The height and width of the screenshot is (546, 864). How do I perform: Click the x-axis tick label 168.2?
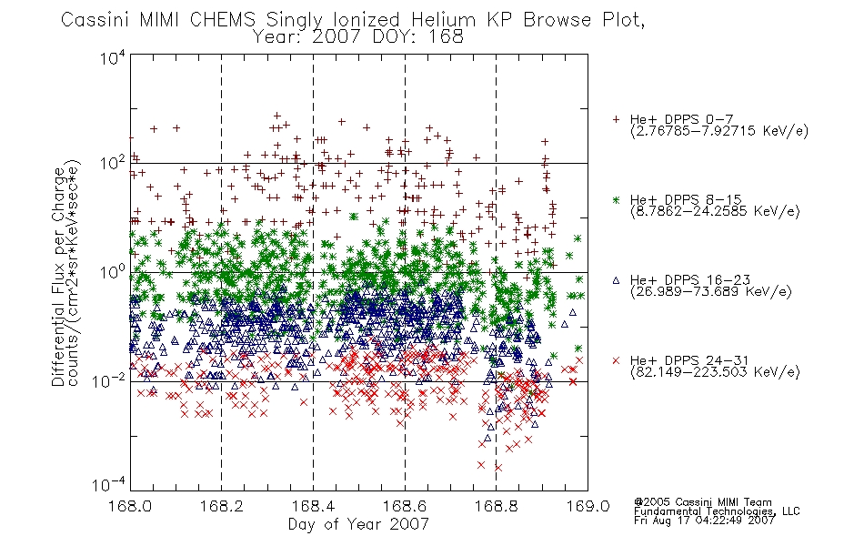pyautogui.click(x=222, y=506)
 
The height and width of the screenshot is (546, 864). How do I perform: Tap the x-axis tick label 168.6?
pyautogui.click(x=405, y=506)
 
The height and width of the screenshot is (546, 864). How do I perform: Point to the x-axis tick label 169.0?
pyautogui.click(x=588, y=506)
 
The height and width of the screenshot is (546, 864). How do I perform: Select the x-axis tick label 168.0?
pyautogui.click(x=130, y=506)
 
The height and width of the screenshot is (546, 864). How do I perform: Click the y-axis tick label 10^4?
pyautogui.click(x=113, y=57)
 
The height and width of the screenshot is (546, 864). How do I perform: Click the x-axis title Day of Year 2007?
pyautogui.click(x=358, y=524)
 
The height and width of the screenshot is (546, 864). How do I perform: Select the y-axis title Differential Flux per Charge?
pyautogui.click(x=58, y=277)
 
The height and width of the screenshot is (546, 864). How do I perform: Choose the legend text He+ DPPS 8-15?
pyautogui.click(x=686, y=199)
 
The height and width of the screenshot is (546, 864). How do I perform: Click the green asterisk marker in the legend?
pyautogui.click(x=616, y=199)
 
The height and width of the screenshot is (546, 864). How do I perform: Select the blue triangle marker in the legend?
pyautogui.click(x=616, y=280)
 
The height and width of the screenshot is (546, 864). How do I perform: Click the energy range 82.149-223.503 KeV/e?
pyautogui.click(x=715, y=371)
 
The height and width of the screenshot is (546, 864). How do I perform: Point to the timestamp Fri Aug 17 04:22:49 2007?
pyautogui.click(x=704, y=520)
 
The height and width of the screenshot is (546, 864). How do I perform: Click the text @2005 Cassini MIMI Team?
pyautogui.click(x=702, y=502)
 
